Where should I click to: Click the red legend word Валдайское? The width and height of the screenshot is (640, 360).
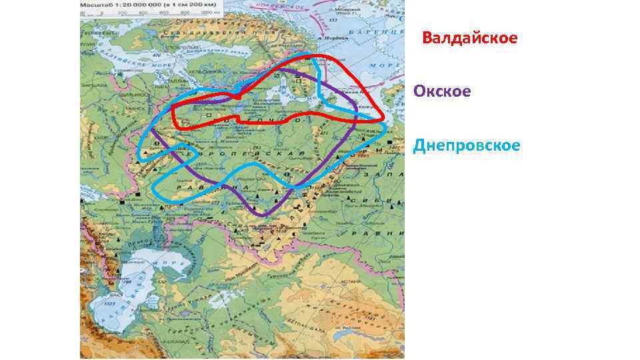[x=469, y=38]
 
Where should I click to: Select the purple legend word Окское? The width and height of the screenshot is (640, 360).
[x=442, y=91]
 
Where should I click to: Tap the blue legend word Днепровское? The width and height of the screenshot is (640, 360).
[x=466, y=145]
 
